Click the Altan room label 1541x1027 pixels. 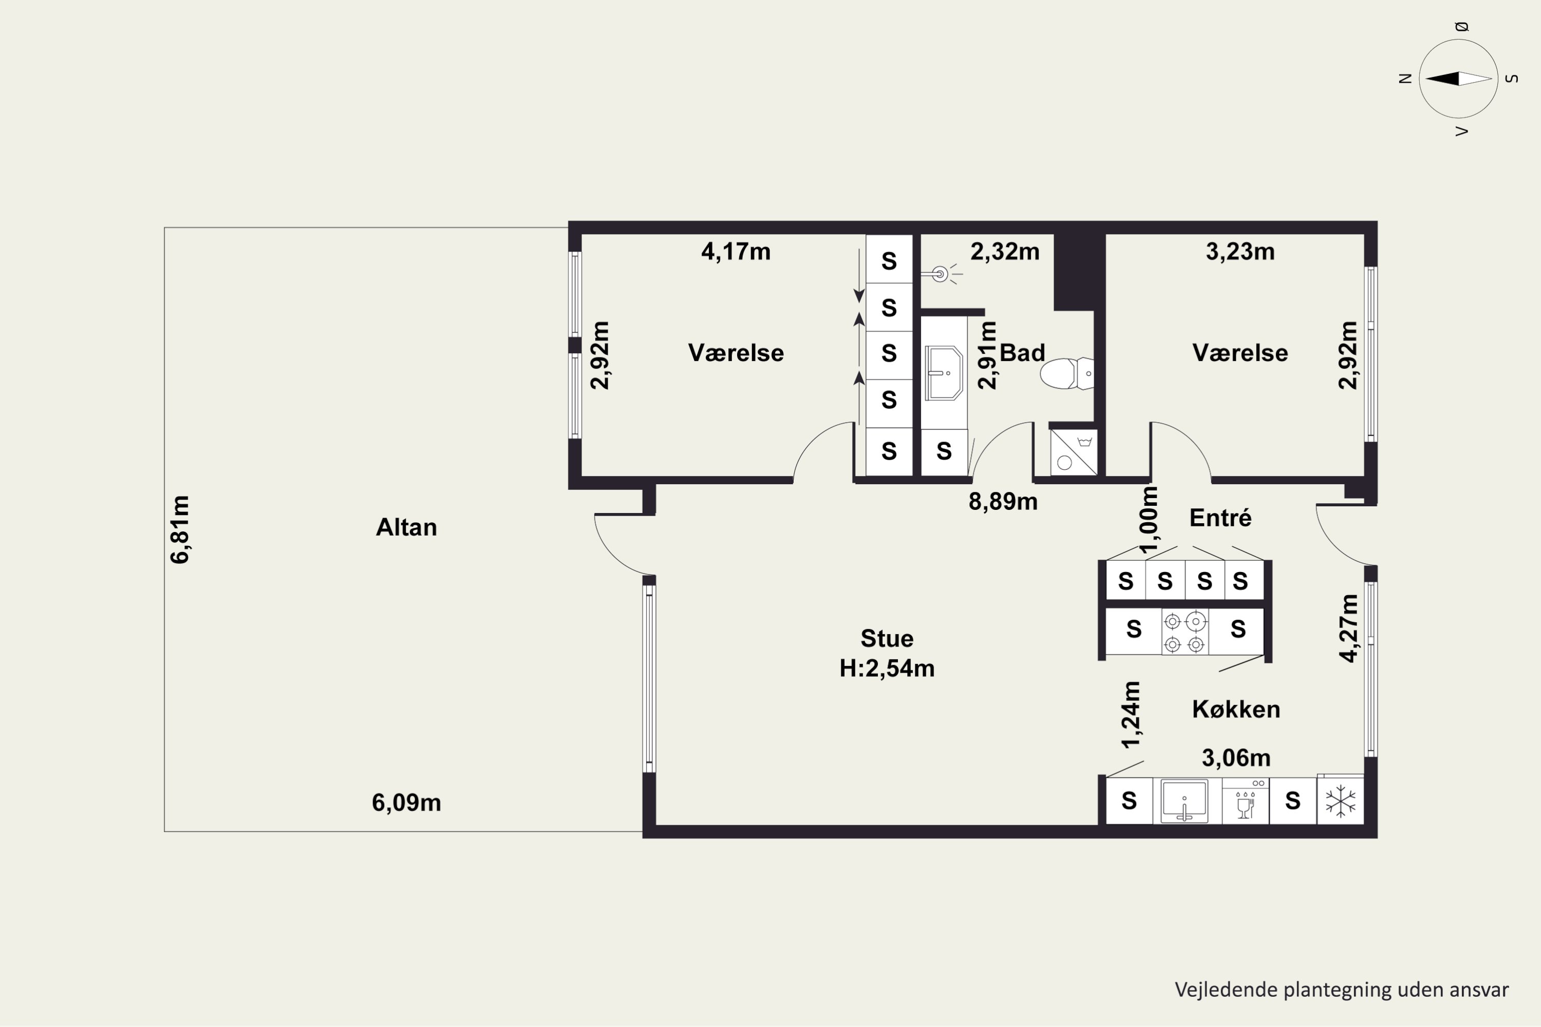tap(406, 527)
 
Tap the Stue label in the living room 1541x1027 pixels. tap(887, 638)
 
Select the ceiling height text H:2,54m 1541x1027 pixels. tap(887, 668)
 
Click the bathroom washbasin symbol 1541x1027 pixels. tap(944, 373)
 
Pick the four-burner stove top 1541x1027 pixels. tap(1185, 632)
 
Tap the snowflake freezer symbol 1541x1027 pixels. tap(1341, 801)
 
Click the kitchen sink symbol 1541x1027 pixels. tap(1185, 801)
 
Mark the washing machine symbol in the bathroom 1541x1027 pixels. tap(1073, 452)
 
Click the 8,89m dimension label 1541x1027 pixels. tap(1003, 502)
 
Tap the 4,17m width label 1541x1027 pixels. tap(736, 252)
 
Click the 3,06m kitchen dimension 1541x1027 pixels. tap(1236, 758)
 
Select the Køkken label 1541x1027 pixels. tap(1236, 709)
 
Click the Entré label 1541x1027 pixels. tap(1220, 518)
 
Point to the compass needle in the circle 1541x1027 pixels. tap(1458, 79)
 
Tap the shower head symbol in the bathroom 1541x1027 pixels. tap(941, 274)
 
